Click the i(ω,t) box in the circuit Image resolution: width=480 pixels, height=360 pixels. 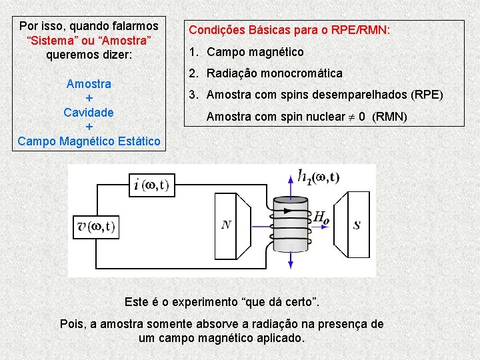(151, 185)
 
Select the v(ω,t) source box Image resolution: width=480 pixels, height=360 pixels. (95, 227)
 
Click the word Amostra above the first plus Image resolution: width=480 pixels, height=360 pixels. (89, 84)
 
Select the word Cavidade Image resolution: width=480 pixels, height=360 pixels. (89, 112)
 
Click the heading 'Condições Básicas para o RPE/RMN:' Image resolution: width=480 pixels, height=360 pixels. (289, 30)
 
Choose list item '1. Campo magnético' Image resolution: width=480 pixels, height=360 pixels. (246, 51)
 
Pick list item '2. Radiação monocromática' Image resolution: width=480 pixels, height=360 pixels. (265, 73)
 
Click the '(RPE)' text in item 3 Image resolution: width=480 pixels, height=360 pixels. (426, 95)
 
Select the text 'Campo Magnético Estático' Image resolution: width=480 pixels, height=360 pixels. (89, 141)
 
